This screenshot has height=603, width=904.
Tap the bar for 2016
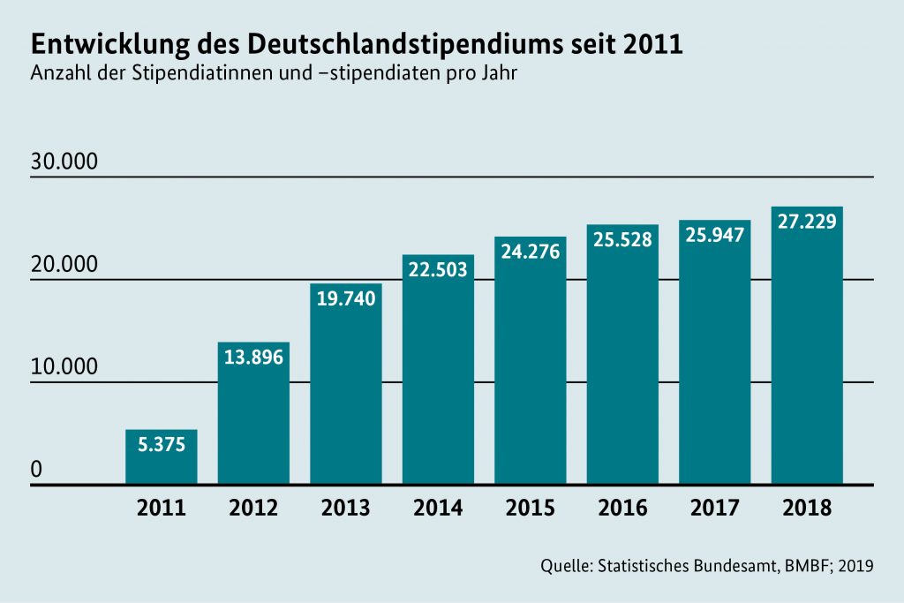tap(622, 371)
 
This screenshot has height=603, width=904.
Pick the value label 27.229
tap(807, 221)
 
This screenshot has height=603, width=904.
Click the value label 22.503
tap(438, 270)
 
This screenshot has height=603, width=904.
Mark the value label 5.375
tap(161, 445)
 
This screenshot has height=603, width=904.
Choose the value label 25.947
tap(714, 235)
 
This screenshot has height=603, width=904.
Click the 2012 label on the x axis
tap(253, 509)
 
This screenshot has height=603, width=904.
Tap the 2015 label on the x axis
tap(530, 509)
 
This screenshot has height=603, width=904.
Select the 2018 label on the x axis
tap(807, 509)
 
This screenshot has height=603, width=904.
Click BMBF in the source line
tap(802, 565)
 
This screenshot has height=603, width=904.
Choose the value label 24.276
tap(530, 253)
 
